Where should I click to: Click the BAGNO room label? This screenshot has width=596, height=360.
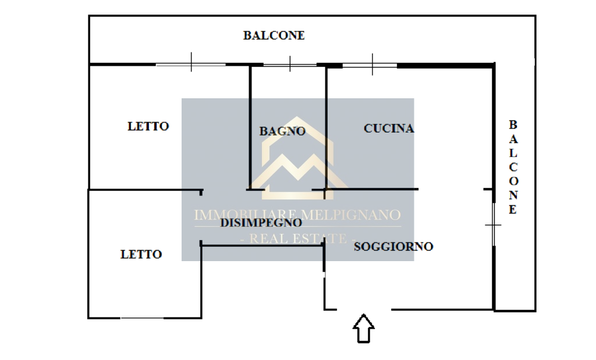(282, 131)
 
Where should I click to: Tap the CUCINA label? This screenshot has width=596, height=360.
(389, 129)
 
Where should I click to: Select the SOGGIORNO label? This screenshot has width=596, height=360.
(393, 247)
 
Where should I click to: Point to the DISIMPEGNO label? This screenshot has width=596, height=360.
(261, 223)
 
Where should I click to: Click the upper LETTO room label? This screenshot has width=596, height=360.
(148, 126)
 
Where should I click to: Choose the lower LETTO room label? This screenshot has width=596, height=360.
(141, 254)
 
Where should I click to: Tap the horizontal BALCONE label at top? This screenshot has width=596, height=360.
(274, 35)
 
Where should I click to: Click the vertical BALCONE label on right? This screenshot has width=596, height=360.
(513, 167)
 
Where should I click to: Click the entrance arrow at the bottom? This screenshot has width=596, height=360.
(364, 329)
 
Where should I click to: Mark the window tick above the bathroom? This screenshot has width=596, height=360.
(290, 64)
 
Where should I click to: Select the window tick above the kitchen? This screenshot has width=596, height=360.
(372, 64)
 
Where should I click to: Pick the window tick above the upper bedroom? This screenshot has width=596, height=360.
(191, 62)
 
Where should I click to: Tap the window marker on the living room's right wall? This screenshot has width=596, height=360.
(493, 225)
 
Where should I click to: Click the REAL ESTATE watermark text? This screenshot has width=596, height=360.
(298, 239)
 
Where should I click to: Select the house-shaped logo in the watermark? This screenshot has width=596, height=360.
(297, 158)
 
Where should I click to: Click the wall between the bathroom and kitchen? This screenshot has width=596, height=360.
(326, 129)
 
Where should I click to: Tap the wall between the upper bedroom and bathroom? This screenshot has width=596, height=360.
(250, 127)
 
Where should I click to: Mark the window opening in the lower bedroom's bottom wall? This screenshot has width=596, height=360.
(142, 318)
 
